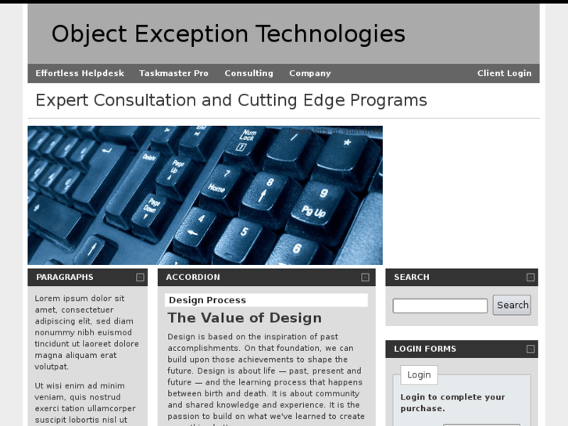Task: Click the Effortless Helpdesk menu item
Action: pos(80,73)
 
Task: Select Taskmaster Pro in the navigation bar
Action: pos(173,73)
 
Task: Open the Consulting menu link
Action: pos(248,73)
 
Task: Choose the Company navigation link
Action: pos(309,73)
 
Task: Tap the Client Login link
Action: pos(504,73)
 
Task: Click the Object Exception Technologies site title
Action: pos(228,34)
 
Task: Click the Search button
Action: pos(512,306)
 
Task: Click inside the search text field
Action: pos(439,306)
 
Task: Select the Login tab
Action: pos(419,375)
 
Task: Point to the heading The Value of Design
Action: pos(244,318)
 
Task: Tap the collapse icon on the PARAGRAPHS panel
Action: pos(140,277)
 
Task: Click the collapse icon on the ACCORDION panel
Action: pos(365,277)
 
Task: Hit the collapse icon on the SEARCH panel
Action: pos(530,277)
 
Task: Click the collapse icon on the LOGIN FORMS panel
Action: pos(530,349)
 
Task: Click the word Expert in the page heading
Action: pos(62,101)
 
